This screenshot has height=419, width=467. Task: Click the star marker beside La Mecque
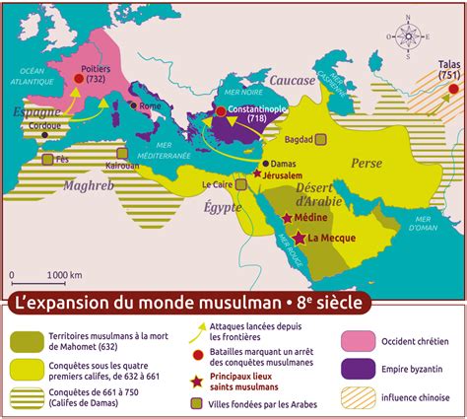(300, 238)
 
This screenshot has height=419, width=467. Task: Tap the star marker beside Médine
(287, 218)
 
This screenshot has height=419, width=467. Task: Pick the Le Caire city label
(218, 183)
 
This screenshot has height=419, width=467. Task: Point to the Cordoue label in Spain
(44, 125)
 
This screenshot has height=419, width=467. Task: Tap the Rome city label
(151, 105)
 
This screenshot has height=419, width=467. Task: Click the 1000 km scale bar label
(62, 274)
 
